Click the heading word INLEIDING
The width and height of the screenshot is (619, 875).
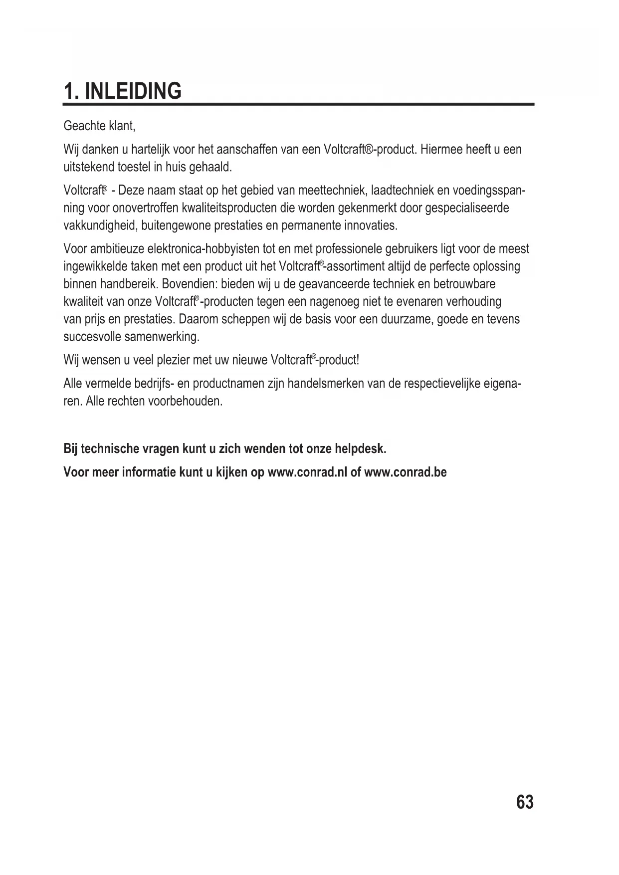(133, 91)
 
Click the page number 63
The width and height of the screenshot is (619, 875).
(525, 802)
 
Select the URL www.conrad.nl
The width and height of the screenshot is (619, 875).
(307, 472)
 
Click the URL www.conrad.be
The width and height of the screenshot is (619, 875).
(406, 472)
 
